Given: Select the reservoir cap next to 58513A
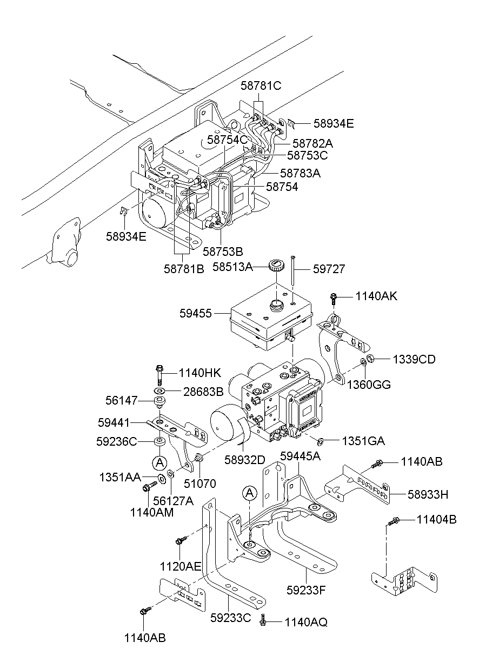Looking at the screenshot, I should pos(276,266).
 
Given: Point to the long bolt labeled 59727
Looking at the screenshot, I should pos(292,273).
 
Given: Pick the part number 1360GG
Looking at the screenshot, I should pos(369,385).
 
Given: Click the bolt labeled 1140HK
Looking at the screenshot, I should pos(160,374).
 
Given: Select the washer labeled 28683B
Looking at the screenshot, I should pos(160,391).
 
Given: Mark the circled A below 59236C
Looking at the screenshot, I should pos(159,462).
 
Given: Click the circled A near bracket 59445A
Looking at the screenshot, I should pos(249,493).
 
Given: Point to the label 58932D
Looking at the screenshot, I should pos(245,460).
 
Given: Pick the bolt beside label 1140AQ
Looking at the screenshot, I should pos(263,622).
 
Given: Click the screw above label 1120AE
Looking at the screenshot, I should pos(181,540).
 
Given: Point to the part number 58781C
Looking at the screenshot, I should pos(261,85).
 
